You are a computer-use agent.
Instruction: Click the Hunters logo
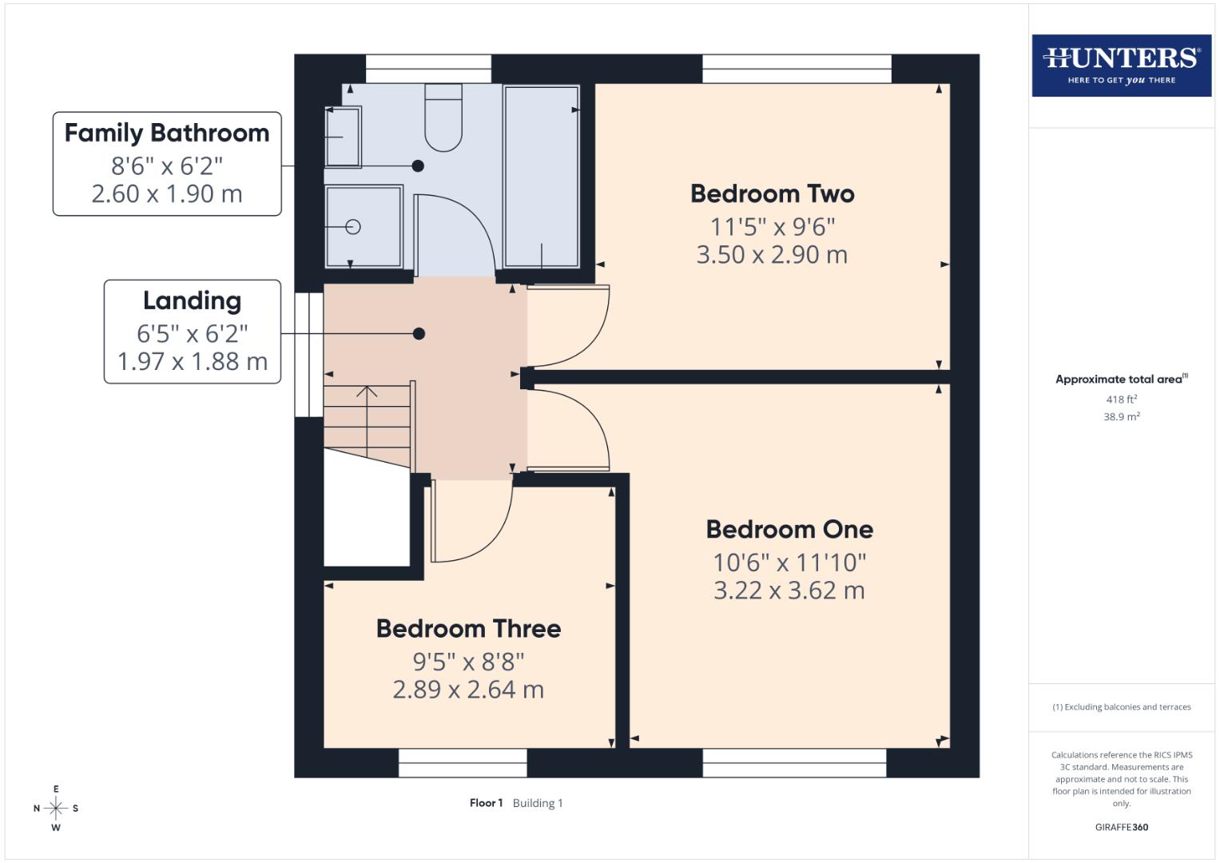pos(1121,66)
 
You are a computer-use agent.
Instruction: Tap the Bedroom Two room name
pos(772,193)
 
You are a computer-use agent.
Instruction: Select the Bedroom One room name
pos(789,529)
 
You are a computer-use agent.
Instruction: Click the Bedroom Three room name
pos(468,629)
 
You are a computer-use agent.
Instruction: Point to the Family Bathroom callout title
pos(167,133)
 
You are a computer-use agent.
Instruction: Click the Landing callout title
pos(192,300)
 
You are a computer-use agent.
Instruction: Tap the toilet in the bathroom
pos(443,118)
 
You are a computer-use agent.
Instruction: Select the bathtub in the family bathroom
pos(541,176)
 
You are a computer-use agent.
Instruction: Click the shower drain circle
pos(353,227)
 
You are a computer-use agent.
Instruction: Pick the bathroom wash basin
pos(344,137)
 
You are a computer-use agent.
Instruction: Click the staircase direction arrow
pos(367,392)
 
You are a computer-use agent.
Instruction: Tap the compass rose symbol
pos(56,808)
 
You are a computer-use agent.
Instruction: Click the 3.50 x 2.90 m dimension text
pos(772,255)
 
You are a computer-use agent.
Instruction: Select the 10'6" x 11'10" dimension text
pos(789,563)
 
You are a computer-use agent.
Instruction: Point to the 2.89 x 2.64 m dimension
pos(468,690)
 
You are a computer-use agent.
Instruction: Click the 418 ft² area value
pos(1121,400)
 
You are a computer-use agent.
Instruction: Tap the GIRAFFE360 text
pos(1121,827)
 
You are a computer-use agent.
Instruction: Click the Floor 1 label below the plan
pos(486,803)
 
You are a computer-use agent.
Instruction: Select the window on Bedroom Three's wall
pos(463,762)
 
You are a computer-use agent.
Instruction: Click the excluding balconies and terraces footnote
pos(1121,707)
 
